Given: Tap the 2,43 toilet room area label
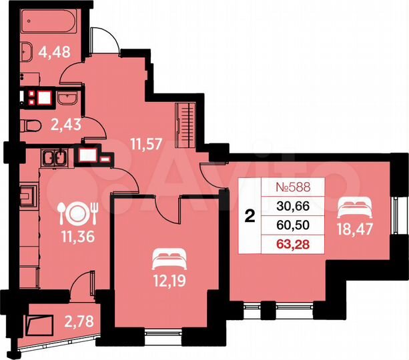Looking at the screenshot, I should pyautogui.click(x=65, y=124).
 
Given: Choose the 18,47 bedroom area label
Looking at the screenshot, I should pyautogui.click(x=347, y=231).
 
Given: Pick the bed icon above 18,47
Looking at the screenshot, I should pyautogui.click(x=348, y=206).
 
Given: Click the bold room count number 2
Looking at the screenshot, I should pyautogui.click(x=250, y=215).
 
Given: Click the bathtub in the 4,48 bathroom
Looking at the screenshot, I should pyautogui.click(x=46, y=22).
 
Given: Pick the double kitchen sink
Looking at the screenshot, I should pyautogui.click(x=53, y=158).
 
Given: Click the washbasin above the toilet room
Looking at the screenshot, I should pyautogui.click(x=67, y=100).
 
